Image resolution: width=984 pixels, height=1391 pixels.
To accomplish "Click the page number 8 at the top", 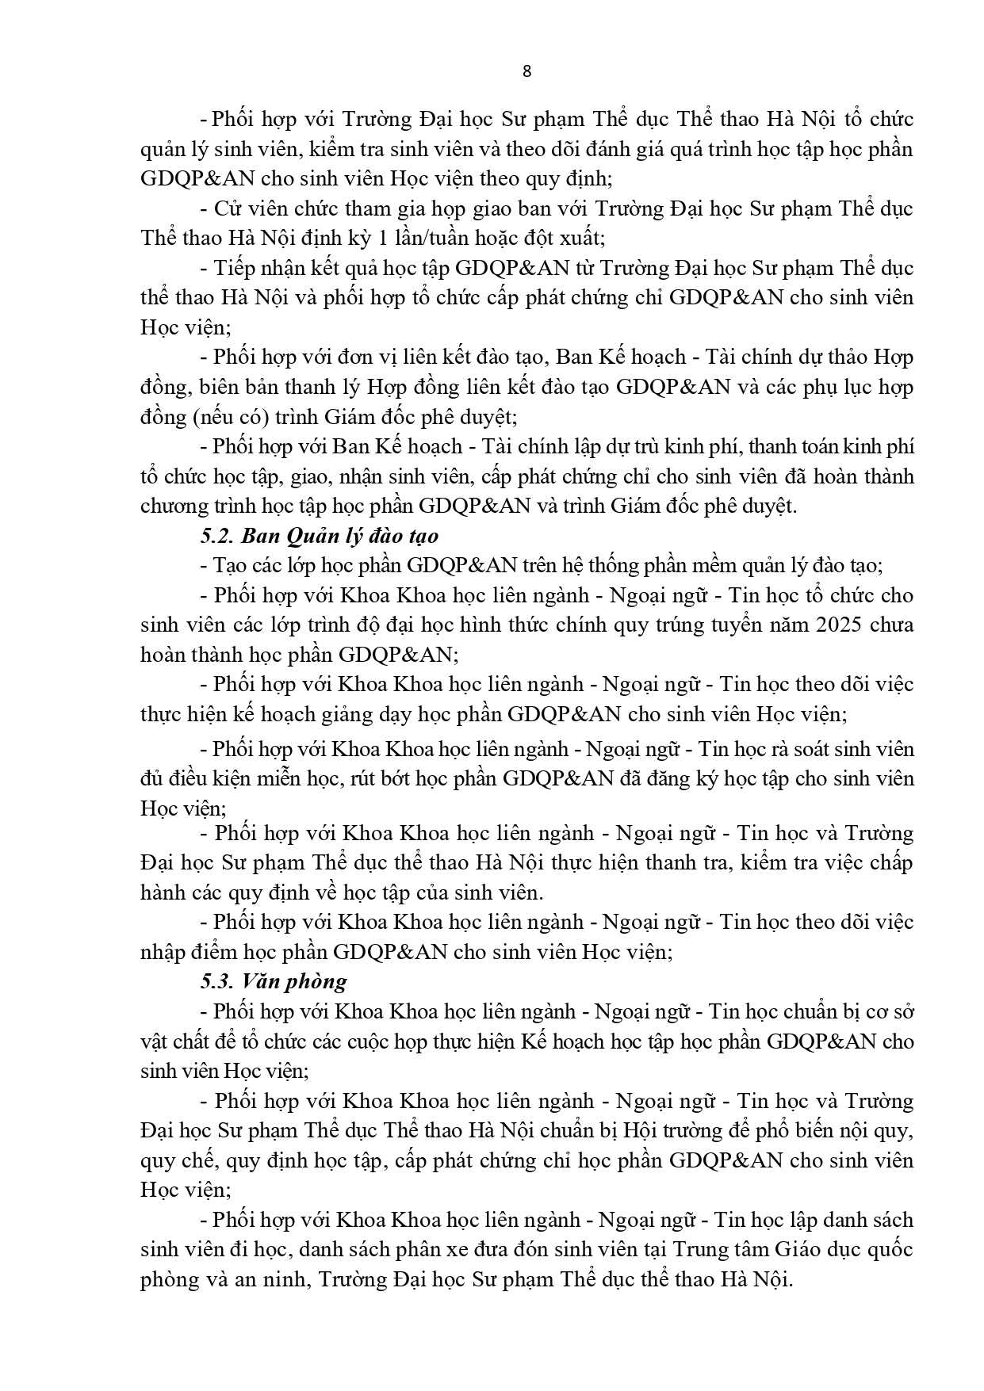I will [x=527, y=71].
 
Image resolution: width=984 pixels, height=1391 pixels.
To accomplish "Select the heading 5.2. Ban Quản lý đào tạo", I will [x=319, y=536].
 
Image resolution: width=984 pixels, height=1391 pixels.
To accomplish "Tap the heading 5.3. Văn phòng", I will [x=273, y=981].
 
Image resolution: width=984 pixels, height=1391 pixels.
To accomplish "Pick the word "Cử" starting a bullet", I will [x=225, y=208].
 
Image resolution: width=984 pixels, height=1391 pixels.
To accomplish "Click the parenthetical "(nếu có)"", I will [x=232, y=417].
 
